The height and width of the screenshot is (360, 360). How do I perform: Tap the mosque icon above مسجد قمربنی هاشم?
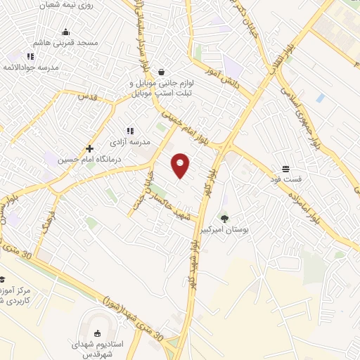[66, 32]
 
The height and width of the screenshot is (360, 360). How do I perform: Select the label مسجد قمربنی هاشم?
[68, 43]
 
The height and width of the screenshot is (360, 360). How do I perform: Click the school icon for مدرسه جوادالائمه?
[30, 56]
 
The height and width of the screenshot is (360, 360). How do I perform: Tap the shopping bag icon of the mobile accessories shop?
[162, 72]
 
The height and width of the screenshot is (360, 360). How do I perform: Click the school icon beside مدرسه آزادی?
[129, 130]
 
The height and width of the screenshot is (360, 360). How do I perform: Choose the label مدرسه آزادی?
[135, 141]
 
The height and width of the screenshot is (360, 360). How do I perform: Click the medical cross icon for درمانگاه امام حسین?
[89, 148]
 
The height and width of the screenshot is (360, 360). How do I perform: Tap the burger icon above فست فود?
[286, 169]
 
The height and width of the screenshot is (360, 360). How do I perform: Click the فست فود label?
[285, 180]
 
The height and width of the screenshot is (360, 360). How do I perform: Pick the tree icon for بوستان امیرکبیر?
[224, 218]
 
